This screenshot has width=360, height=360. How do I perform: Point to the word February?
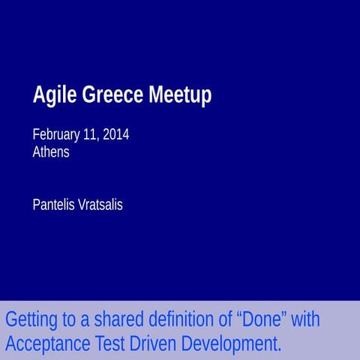pyautogui.click(x=55, y=135)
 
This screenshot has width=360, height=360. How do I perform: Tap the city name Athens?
pyautogui.click(x=51, y=151)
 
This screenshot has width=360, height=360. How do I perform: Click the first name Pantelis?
pyautogui.click(x=53, y=204)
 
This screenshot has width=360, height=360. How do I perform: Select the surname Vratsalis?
pyautogui.click(x=100, y=204)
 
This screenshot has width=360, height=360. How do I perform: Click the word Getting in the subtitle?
pyautogui.click(x=31, y=319)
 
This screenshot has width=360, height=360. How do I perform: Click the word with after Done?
pyautogui.click(x=305, y=319)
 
